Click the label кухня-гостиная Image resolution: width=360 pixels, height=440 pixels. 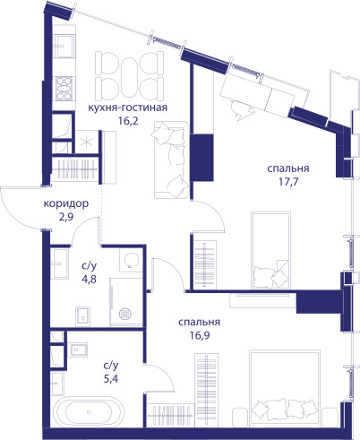click(127, 108)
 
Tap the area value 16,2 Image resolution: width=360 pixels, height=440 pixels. click(128, 121)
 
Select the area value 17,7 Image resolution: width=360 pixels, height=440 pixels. click(288, 182)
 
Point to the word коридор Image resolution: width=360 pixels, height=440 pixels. click(66, 203)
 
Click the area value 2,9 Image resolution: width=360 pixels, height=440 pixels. click(66, 217)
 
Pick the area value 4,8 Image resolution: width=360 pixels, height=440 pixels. click(89, 279)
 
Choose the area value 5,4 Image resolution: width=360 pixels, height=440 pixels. click(111, 379)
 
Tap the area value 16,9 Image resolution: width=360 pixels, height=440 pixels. click(200, 335)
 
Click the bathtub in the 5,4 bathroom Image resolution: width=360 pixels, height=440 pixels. click(89, 412)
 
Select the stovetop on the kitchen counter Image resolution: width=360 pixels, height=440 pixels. click(64, 89)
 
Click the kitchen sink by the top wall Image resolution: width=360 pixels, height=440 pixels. click(63, 46)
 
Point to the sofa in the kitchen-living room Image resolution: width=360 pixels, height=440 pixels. click(171, 160)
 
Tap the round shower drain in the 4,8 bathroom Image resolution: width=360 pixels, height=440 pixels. click(125, 314)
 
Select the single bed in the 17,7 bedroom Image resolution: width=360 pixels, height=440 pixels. click(271, 250)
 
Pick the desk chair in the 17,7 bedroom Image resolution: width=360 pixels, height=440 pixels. click(243, 109)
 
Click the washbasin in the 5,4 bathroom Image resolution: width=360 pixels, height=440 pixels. click(79, 349)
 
